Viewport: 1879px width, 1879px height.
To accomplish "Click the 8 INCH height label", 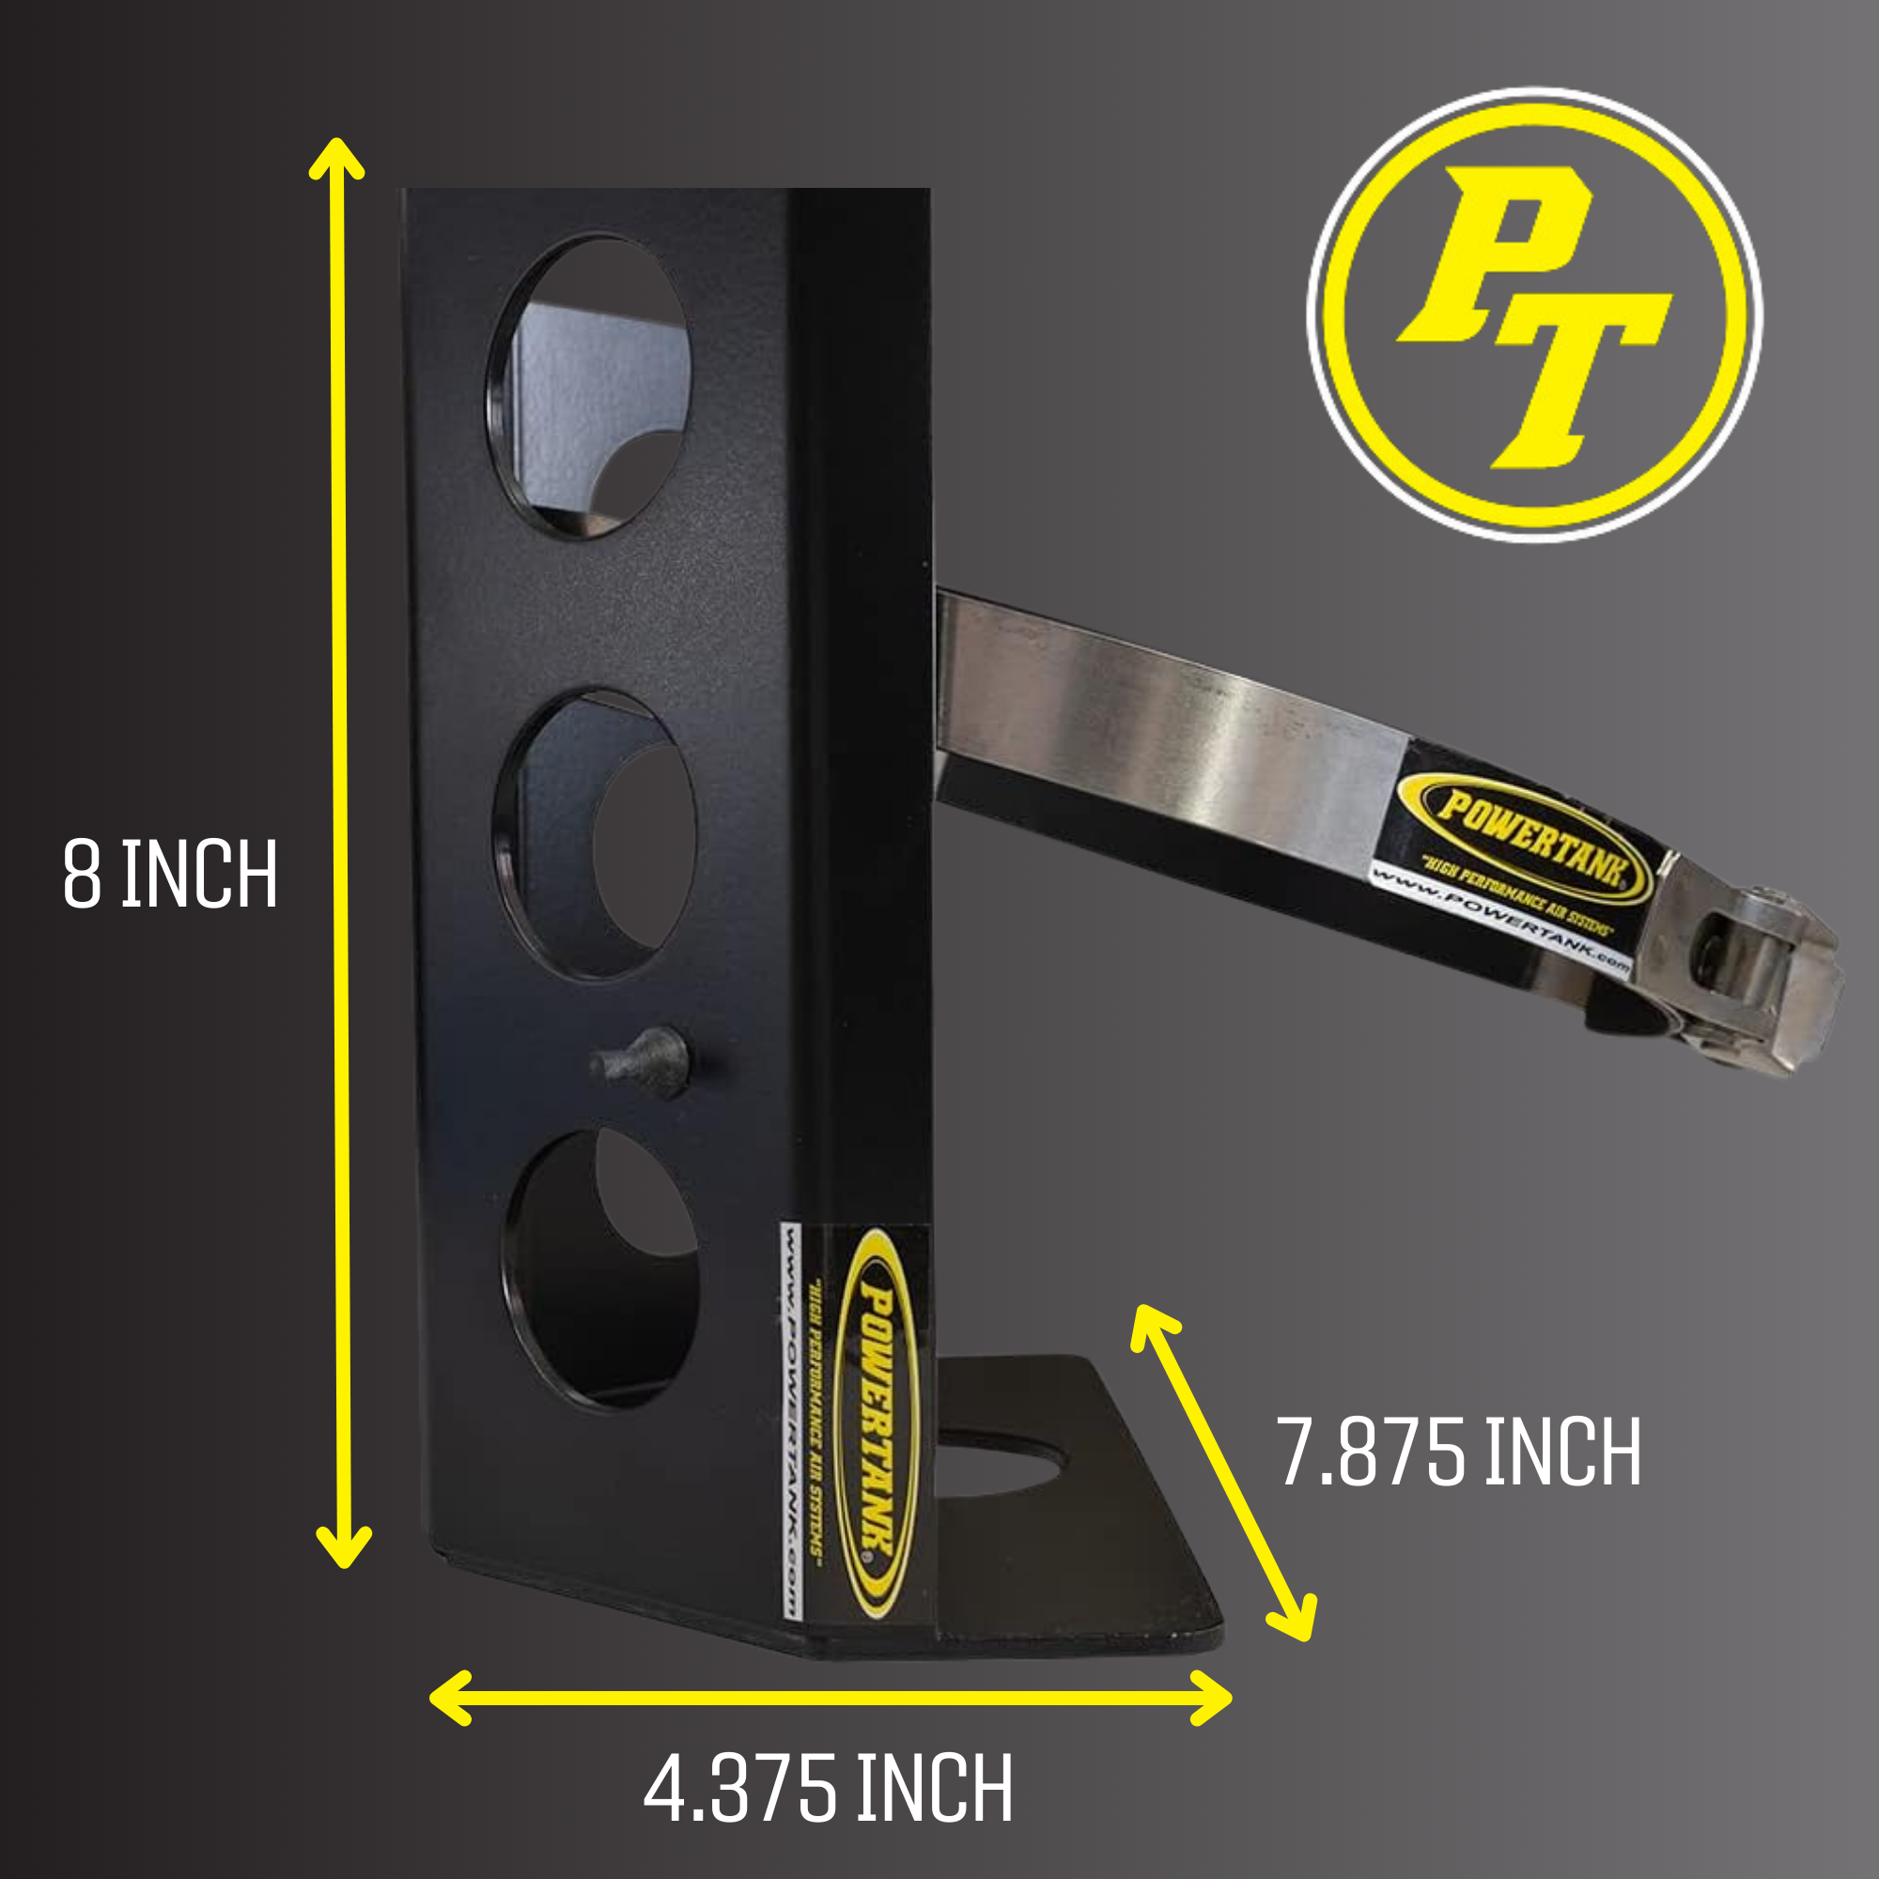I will click(x=170, y=875).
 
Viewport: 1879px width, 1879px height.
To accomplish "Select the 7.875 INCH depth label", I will click(x=1460, y=1452).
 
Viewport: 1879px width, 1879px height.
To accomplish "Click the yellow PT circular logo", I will click(x=1534, y=315).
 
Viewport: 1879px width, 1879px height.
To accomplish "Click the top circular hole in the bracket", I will click(x=590, y=386).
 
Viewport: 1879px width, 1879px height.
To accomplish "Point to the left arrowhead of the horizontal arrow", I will click(x=449, y=1698).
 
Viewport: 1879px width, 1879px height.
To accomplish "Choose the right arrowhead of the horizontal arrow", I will click(x=1214, y=1698).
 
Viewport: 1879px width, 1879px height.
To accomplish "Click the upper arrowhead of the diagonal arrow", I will click(x=1150, y=1325).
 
